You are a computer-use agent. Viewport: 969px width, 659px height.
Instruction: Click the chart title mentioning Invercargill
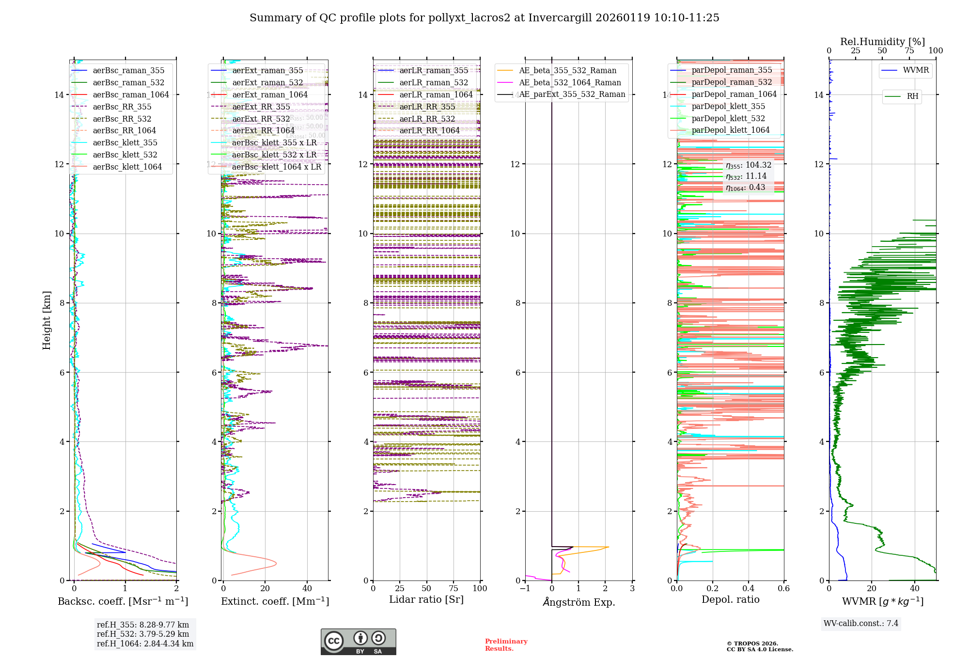click(484, 18)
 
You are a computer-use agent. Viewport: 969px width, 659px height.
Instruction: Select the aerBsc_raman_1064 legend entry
click(130, 94)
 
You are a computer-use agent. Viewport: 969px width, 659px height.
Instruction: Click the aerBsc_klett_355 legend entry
click(125, 142)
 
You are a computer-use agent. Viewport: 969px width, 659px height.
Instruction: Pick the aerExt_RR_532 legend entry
click(261, 119)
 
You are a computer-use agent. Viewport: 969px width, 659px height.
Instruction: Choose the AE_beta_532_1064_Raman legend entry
click(569, 82)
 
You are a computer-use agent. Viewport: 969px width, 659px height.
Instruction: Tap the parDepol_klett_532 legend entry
click(728, 118)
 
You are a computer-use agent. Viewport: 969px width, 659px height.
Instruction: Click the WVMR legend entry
click(915, 70)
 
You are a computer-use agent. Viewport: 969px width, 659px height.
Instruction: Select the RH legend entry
click(912, 96)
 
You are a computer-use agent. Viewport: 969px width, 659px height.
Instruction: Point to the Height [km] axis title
click(47, 320)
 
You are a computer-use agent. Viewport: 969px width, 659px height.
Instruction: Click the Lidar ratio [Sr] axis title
click(426, 599)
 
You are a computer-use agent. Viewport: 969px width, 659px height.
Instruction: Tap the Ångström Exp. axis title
click(578, 602)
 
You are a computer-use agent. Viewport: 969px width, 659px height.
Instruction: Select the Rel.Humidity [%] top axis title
click(882, 42)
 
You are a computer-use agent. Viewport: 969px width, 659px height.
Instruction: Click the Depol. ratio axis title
click(730, 599)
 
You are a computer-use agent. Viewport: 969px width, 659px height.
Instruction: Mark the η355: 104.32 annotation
click(748, 165)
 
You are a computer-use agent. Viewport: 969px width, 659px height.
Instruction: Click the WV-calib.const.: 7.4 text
click(860, 623)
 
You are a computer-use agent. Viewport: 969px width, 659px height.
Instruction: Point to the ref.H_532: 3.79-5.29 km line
click(143, 634)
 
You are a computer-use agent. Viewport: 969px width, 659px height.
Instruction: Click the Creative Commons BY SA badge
click(358, 642)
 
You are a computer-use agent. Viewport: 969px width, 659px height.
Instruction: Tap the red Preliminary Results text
click(506, 644)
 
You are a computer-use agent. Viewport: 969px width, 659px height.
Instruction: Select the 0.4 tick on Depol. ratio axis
click(748, 588)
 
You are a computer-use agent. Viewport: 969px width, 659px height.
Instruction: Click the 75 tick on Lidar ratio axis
click(453, 588)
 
